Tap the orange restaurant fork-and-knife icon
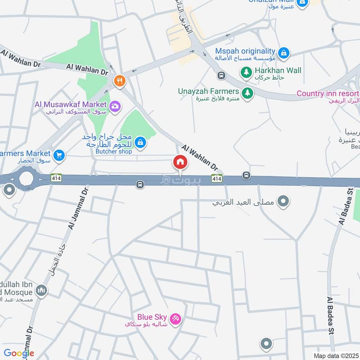(119, 81)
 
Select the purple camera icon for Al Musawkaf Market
(115, 106)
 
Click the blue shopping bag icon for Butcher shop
(140, 143)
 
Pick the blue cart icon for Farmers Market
(59, 156)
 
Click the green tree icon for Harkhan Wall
(246, 71)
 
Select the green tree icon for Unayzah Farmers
(247, 93)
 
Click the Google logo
(19, 353)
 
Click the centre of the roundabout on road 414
(26, 179)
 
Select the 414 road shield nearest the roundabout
(56, 179)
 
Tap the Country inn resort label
(327, 94)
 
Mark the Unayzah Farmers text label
(208, 91)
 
